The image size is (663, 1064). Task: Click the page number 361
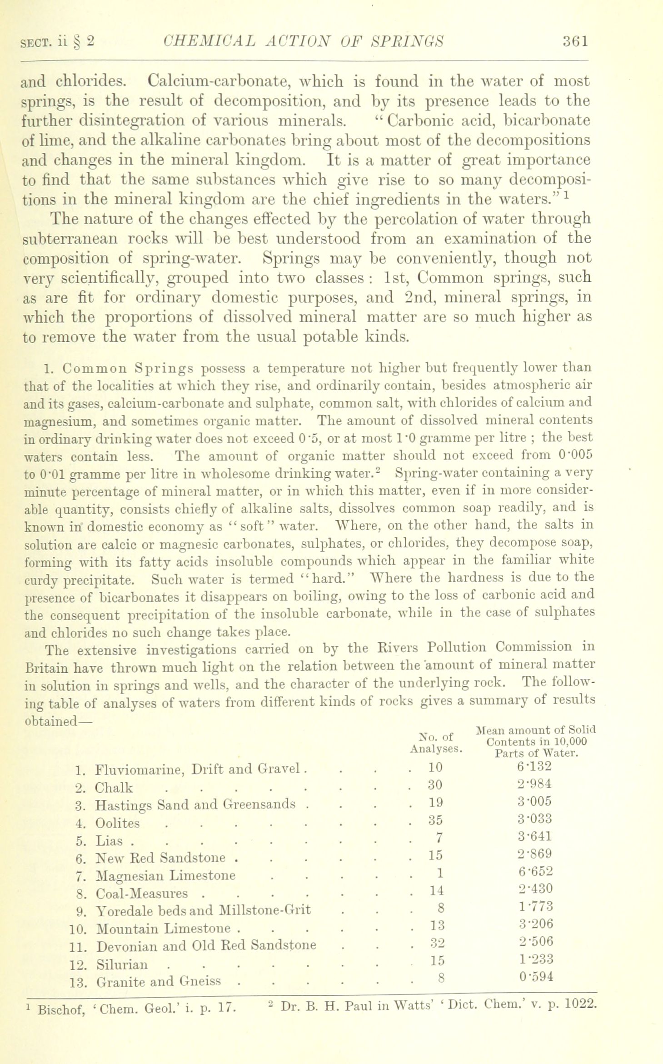point(575,41)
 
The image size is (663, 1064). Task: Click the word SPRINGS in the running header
point(407,41)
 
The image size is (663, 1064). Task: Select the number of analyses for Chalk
point(435,785)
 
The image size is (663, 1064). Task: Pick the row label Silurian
point(122,964)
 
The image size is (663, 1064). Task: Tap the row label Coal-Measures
point(142,894)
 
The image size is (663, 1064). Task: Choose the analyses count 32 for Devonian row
point(436,945)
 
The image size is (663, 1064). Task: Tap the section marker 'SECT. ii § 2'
point(58,42)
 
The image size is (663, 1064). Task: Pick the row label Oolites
point(118,823)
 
